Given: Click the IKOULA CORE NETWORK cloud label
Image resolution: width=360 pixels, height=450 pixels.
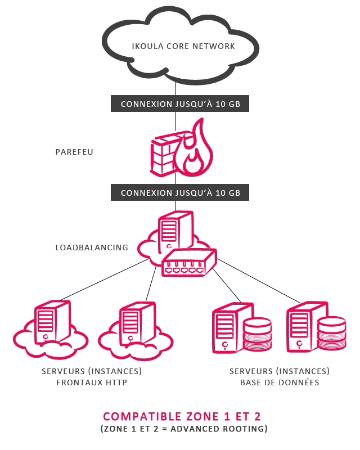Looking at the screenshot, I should click(175, 46).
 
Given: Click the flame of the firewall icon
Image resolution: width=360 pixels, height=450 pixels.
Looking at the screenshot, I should click(194, 149).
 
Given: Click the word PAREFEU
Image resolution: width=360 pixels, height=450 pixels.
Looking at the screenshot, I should click(74, 152).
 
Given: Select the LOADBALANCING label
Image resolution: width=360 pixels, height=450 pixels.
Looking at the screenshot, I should click(92, 247).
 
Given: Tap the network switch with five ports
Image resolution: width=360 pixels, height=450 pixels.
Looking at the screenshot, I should click(189, 263).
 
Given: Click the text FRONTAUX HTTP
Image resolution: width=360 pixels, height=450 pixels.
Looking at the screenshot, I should click(92, 383).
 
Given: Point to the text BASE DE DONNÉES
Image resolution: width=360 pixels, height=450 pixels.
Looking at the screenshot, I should click(280, 383).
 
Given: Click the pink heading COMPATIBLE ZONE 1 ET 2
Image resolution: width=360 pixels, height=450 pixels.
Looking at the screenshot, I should click(182, 417).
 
